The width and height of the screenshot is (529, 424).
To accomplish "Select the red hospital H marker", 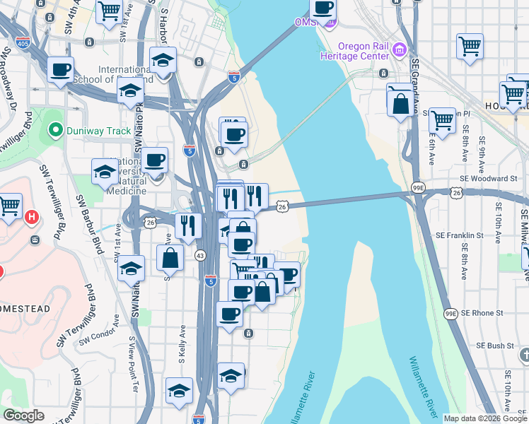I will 30,216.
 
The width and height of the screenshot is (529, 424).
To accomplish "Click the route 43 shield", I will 200,255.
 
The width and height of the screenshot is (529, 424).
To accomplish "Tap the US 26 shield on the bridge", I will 282,206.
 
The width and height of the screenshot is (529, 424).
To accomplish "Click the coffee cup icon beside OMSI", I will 322,8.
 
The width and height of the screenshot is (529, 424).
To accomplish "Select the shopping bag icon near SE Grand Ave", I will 400,103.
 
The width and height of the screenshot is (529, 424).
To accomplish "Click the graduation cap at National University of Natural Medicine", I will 105,172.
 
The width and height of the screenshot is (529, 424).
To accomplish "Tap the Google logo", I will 23,416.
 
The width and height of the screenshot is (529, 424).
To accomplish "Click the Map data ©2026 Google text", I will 484,418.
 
